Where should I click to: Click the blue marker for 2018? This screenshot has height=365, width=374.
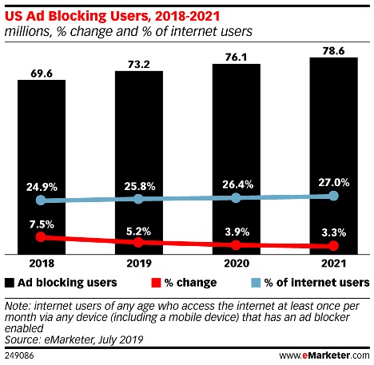pyautogui.click(x=42, y=200)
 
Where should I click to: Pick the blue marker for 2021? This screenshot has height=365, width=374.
pyautogui.click(x=333, y=196)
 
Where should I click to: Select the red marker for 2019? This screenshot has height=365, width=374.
pyautogui.click(x=138, y=242)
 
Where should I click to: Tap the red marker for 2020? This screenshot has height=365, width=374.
pyautogui.click(x=236, y=245)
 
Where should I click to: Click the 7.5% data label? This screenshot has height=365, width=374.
pyautogui.click(x=42, y=224)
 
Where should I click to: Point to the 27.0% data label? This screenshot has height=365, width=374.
pyautogui.click(x=332, y=181)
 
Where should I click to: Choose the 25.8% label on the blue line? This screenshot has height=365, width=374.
pyautogui.click(x=138, y=184)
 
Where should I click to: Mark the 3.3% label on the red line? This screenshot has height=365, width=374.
pyautogui.click(x=332, y=232)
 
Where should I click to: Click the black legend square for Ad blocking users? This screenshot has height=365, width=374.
pyautogui.click(x=10, y=282)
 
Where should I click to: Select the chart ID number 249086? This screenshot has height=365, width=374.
pyautogui.click(x=19, y=354)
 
